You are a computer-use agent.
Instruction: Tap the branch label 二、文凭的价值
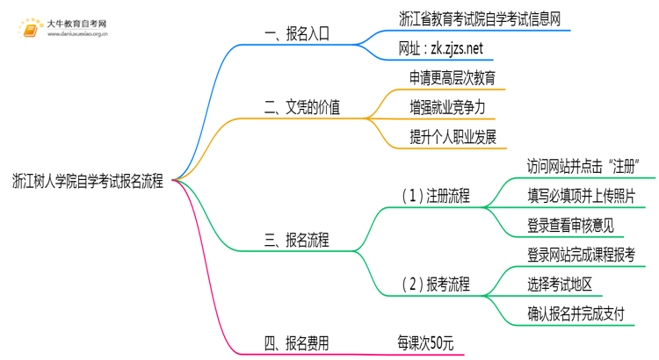point(302,108)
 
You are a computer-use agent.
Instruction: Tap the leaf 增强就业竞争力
point(447,107)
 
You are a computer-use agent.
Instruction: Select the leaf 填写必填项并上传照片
point(581,196)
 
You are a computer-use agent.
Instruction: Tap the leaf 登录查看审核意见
point(570,226)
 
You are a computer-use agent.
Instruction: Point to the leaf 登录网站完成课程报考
point(581,255)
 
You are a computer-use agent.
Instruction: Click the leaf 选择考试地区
point(560,284)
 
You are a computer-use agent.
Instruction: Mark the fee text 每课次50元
point(425,343)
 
